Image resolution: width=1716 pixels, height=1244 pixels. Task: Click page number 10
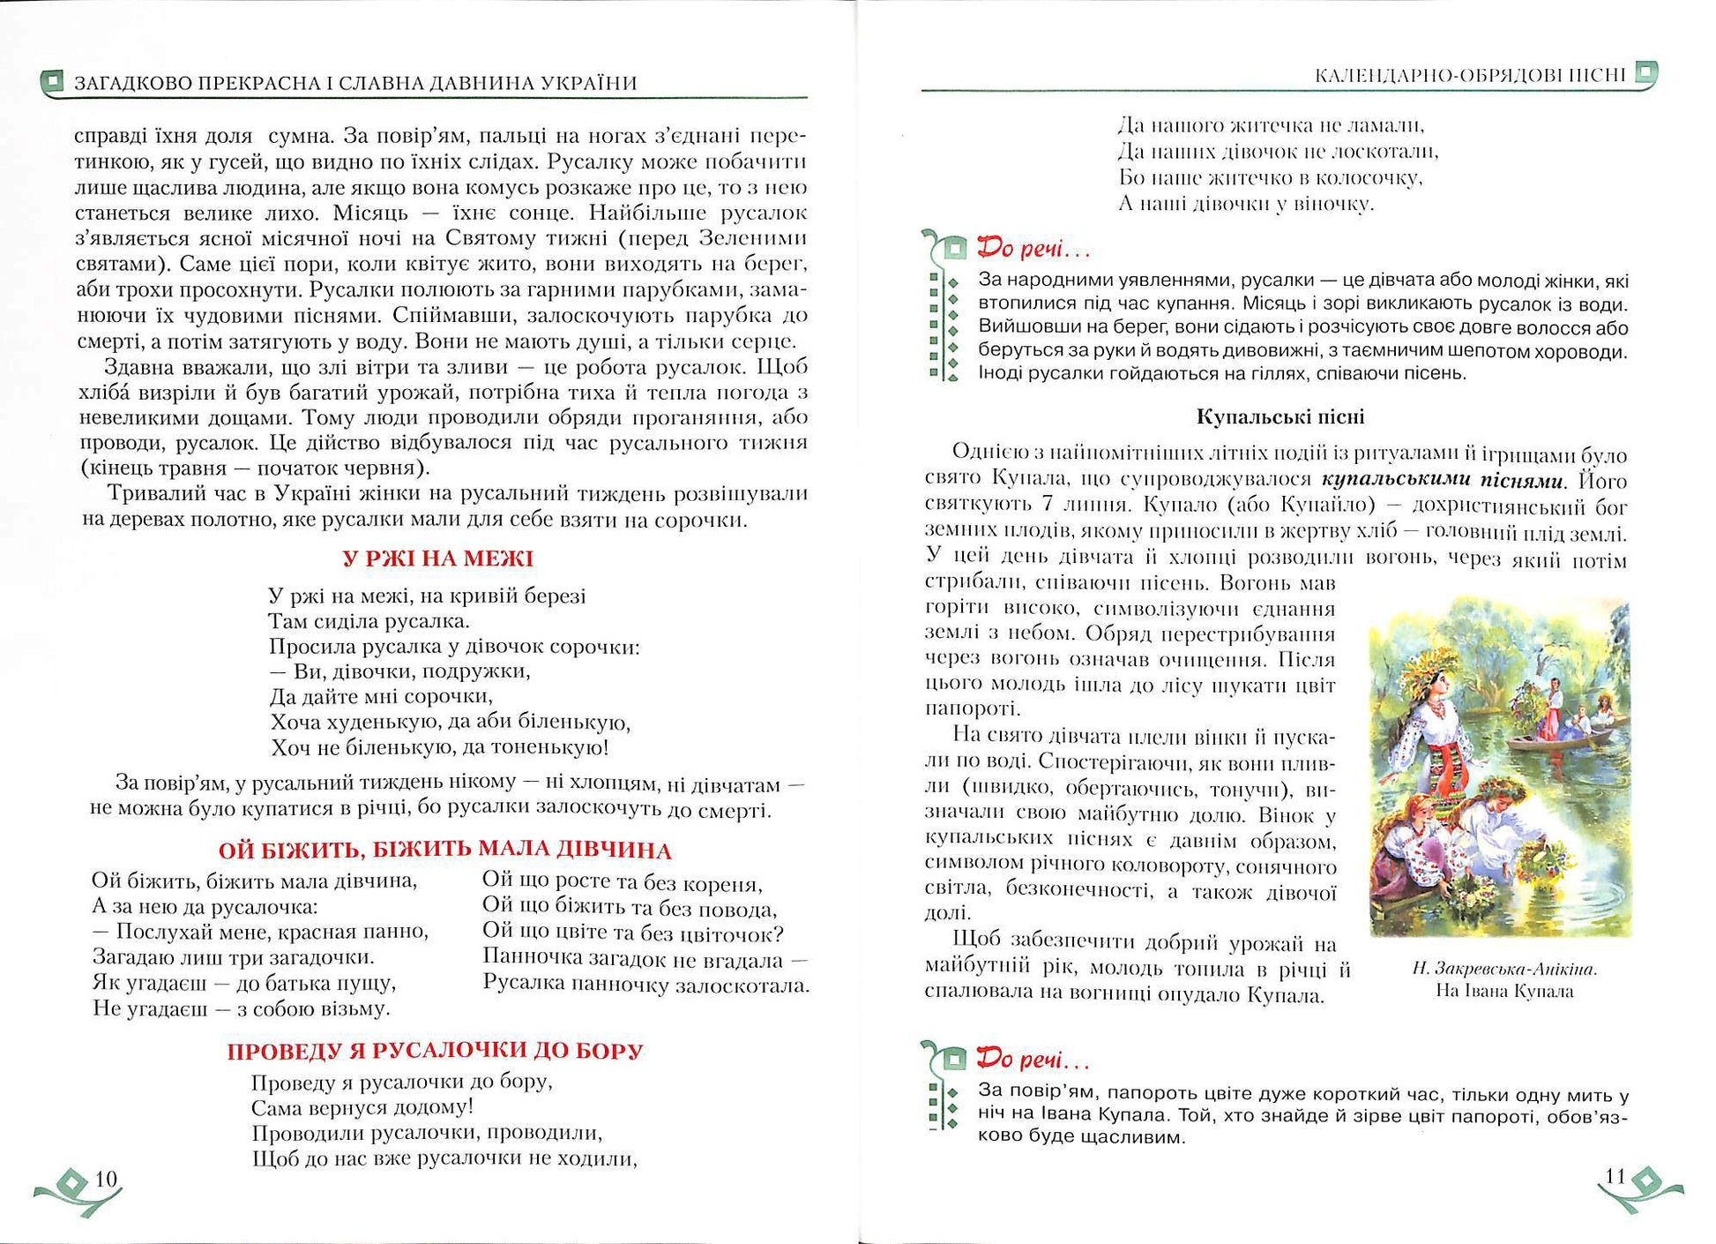coord(106,1179)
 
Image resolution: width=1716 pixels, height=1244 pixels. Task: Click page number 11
coord(1615,1175)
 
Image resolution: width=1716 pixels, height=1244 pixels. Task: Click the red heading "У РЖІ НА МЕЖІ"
coord(437,558)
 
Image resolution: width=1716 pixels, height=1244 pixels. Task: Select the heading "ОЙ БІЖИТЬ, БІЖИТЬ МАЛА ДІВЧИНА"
coord(445,850)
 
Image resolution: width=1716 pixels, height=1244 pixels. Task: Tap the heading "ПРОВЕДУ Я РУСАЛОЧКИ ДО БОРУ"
coord(435,1051)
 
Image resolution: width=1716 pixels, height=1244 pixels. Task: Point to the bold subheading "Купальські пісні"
coord(1280,416)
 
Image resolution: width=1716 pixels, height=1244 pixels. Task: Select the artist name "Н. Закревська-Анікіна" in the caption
coord(1504,969)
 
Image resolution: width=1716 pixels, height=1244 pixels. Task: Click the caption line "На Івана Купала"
coord(1504,991)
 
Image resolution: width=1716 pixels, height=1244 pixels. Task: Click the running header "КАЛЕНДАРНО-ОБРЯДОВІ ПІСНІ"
coord(1469,75)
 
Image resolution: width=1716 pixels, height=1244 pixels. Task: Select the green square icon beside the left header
coord(54,82)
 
